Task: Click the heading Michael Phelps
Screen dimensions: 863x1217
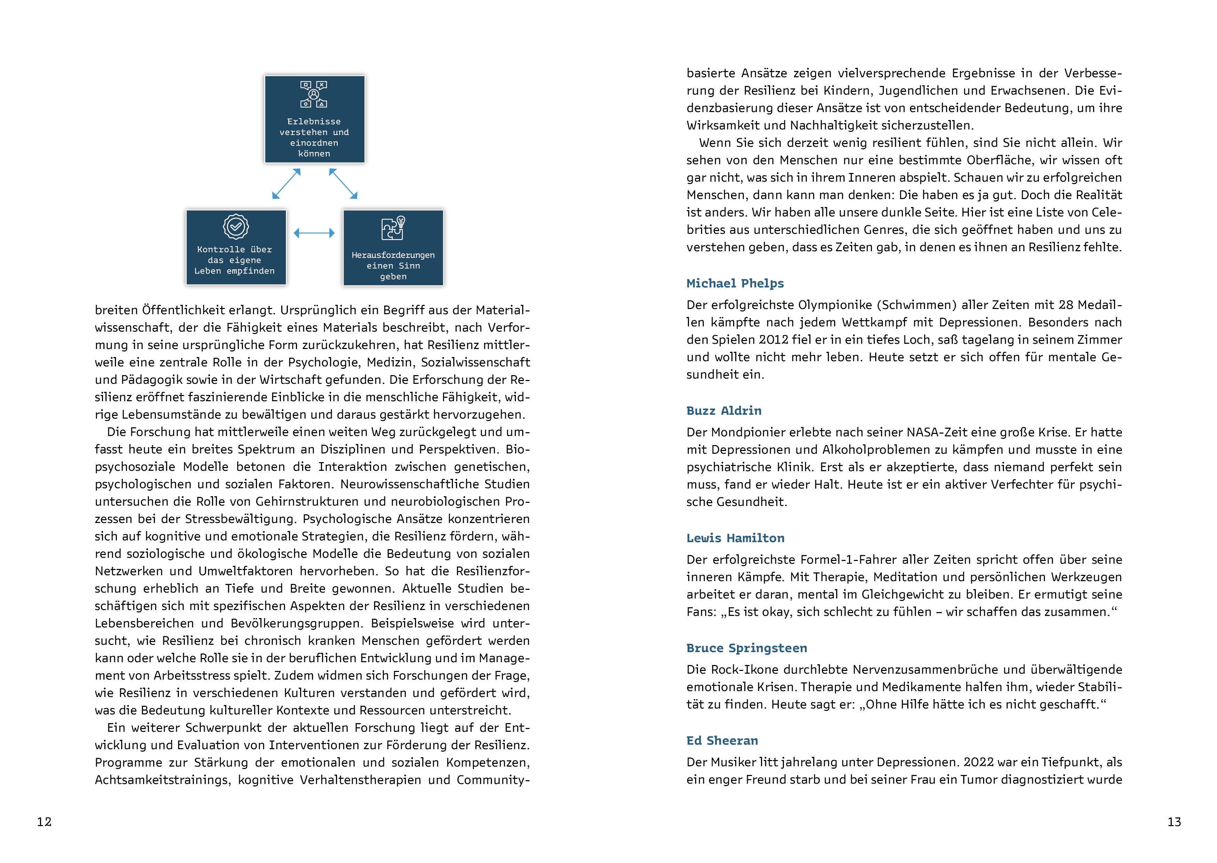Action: click(735, 283)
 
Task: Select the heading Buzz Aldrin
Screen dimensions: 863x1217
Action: click(723, 411)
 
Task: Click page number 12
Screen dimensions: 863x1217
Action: click(44, 822)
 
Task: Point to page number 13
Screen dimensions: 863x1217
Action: click(1174, 822)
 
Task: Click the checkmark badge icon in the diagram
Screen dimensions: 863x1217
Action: click(235, 227)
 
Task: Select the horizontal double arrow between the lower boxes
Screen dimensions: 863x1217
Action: click(314, 233)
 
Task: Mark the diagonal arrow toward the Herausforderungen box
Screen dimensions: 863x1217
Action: click(343, 184)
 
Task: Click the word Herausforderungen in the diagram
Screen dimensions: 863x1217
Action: click(393, 255)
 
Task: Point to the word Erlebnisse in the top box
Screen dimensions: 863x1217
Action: click(314, 122)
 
